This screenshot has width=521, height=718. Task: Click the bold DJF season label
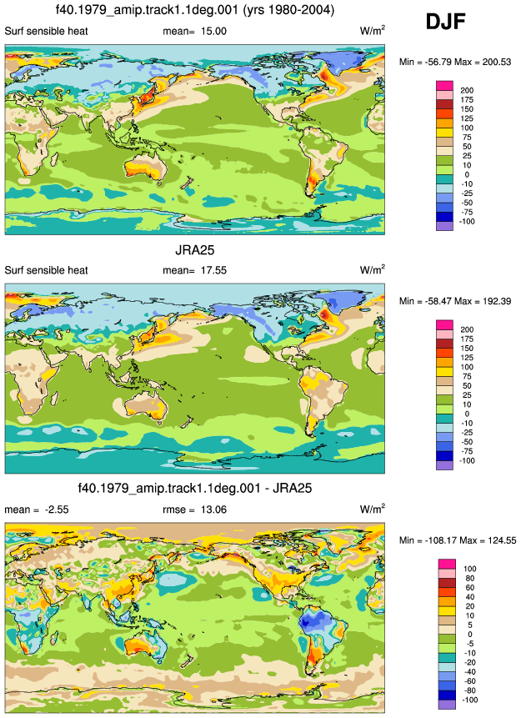coord(445,22)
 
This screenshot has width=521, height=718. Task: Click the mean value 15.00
coord(213,31)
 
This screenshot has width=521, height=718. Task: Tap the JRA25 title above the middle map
coord(194,250)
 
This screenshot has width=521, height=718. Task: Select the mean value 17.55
coord(213,270)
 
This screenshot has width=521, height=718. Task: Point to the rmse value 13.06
coord(213,510)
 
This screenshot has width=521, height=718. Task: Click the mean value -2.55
coord(57,510)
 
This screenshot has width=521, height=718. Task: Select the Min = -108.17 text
coord(425,540)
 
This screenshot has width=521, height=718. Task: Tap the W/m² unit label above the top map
coord(373,31)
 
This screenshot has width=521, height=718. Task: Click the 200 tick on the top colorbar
coord(467,90)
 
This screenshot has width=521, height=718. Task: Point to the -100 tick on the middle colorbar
coord(468,460)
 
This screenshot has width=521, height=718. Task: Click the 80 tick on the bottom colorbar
coord(469,578)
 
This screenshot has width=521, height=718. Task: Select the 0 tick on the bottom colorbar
coord(469,635)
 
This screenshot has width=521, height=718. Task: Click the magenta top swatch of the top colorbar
coord(444,86)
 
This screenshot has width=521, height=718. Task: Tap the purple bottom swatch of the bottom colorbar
coord(446,705)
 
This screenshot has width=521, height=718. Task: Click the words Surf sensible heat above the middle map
coord(46,270)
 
